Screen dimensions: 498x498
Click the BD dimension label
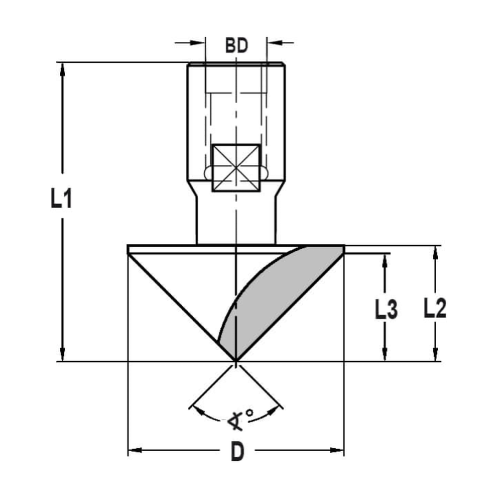coord(236,46)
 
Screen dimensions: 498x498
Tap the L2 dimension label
coord(435,309)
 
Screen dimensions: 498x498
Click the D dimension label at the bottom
coord(238,452)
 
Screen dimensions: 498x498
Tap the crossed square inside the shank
coord(236,168)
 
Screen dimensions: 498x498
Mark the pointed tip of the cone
coord(235,360)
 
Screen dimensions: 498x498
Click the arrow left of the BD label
coord(199,42)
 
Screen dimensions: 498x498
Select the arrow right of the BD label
coord(273,42)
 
